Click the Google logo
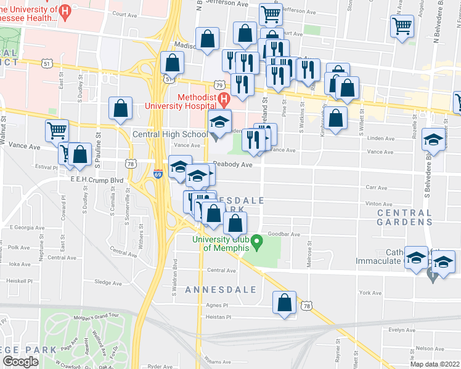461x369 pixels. [20, 362]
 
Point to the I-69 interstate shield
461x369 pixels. [158, 175]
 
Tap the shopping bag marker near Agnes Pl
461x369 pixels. [284, 303]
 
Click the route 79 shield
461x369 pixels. [219, 84]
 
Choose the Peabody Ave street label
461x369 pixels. [233, 165]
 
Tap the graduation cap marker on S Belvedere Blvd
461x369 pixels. [433, 140]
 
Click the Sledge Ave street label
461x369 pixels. [108, 283]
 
